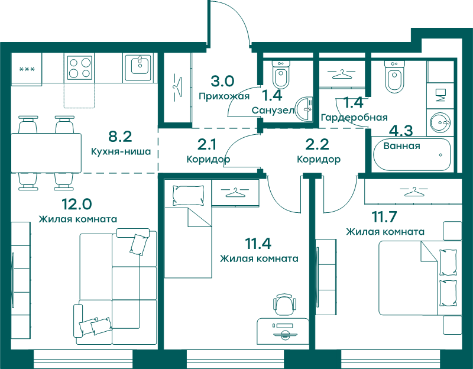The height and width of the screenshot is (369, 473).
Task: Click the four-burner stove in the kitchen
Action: coord(79,68)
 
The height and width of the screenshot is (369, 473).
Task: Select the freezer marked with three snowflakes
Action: coord(27,69)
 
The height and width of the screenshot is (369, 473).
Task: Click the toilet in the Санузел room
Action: coord(281,73)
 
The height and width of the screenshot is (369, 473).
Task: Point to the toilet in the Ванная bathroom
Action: coord(394,76)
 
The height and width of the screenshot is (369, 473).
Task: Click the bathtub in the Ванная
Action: coord(412,155)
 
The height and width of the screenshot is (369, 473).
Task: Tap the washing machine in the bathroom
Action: coord(440,96)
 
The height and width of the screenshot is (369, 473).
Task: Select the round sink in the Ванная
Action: coord(440,122)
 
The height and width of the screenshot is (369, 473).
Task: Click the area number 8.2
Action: coord(120,137)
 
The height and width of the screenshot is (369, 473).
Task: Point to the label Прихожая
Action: coord(224,96)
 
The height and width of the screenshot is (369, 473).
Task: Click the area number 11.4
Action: coord(258,244)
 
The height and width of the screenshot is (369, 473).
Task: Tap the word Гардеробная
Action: coord(354,117)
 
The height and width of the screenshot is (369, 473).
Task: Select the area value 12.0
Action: coord(77,204)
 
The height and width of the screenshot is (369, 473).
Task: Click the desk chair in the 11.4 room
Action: coord(284,305)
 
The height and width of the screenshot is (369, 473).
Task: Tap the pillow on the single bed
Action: coord(187,196)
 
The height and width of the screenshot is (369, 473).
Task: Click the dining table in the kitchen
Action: coord(46,153)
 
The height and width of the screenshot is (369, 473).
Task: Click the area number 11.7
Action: coord(384,216)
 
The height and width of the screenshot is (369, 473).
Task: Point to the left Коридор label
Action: coord(208,159)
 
